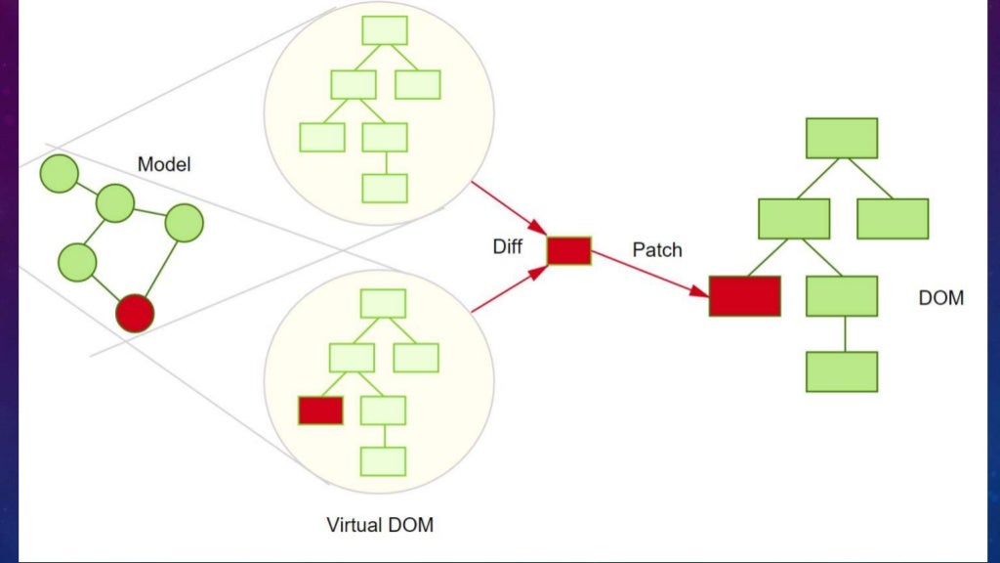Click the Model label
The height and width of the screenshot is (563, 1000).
[164, 164]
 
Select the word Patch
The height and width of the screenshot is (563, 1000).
[657, 250]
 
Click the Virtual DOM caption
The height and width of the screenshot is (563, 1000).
[380, 525]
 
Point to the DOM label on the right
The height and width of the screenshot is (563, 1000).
[940, 298]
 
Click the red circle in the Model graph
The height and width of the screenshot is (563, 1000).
[135, 313]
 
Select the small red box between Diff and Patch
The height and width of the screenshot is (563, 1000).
[568, 251]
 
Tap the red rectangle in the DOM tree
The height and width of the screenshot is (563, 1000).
[744, 296]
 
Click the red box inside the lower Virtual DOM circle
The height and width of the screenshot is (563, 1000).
[320, 411]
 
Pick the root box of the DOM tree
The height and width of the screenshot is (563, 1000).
[842, 138]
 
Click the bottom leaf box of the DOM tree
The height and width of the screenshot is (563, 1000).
[842, 371]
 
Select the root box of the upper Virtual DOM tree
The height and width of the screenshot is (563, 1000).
[384, 30]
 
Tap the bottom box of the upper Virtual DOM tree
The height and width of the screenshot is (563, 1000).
[384, 188]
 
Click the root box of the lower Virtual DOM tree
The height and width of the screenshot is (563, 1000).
[383, 303]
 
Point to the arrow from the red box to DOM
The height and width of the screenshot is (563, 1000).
[649, 274]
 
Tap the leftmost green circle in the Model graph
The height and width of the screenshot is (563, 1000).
[59, 174]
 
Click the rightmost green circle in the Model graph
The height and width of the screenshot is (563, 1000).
[184, 224]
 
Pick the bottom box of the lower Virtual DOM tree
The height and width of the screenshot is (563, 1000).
[383, 460]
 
